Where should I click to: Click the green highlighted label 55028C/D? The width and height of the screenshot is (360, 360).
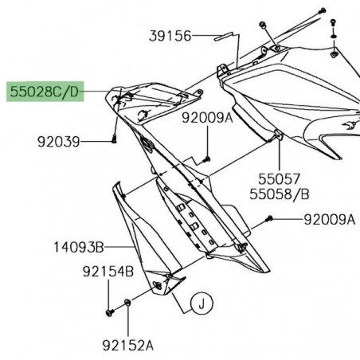pos(45,92)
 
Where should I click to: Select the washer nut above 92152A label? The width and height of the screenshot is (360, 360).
pos(129,305)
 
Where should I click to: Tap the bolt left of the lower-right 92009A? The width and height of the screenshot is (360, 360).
pos(272,218)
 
